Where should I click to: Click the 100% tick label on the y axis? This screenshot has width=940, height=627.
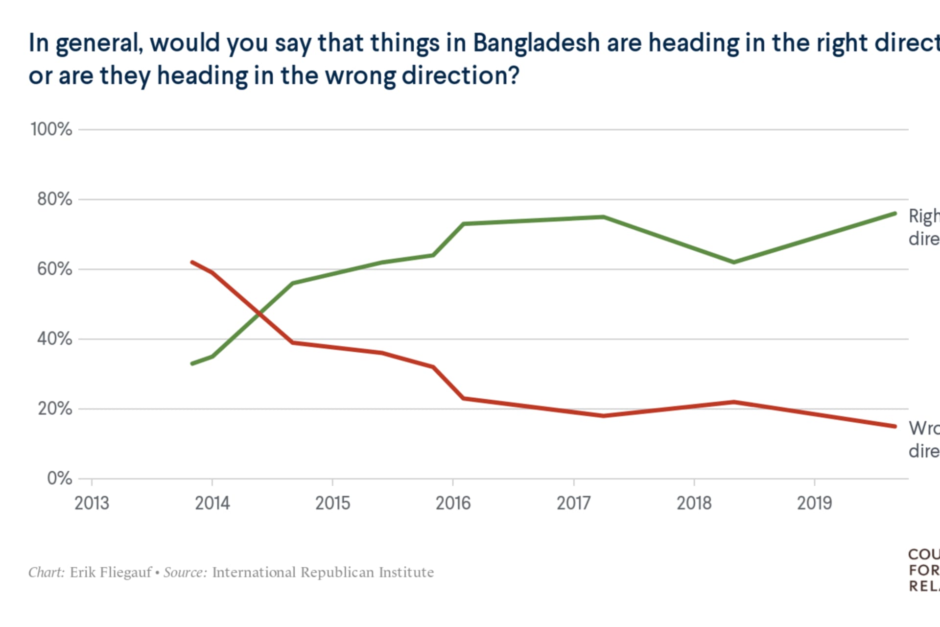[51, 129]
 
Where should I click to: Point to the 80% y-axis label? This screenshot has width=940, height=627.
[54, 199]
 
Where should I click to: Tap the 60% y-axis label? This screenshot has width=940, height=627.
[54, 269]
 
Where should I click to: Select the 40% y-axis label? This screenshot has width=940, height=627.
[54, 338]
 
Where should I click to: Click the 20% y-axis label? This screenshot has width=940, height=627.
[54, 409]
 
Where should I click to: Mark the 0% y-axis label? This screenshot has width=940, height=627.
[59, 478]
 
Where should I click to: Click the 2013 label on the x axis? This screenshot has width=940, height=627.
[92, 503]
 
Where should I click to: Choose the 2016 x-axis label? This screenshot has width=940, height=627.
[453, 503]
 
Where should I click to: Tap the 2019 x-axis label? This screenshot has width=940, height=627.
[814, 503]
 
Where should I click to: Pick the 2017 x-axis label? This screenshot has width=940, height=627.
[573, 503]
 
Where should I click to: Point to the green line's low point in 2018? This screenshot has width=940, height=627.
[733, 262]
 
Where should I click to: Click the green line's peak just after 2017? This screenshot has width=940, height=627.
[603, 217]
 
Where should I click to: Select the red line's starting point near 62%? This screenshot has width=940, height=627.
[192, 262]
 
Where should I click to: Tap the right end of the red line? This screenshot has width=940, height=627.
[895, 426]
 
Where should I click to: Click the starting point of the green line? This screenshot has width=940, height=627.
[192, 363]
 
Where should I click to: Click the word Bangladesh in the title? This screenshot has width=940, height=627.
[536, 43]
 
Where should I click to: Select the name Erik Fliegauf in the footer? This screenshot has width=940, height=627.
[111, 572]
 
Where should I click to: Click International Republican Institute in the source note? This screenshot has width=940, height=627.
[323, 572]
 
